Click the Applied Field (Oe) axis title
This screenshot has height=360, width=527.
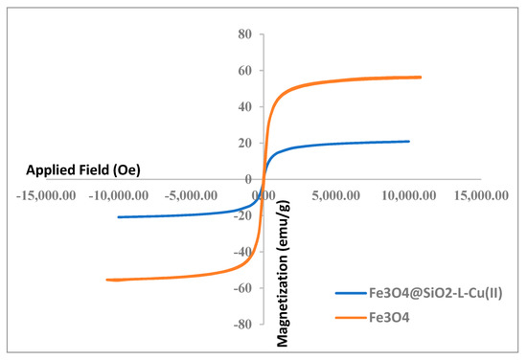(x=80, y=170)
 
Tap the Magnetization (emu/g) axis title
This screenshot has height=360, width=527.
(x=285, y=257)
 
